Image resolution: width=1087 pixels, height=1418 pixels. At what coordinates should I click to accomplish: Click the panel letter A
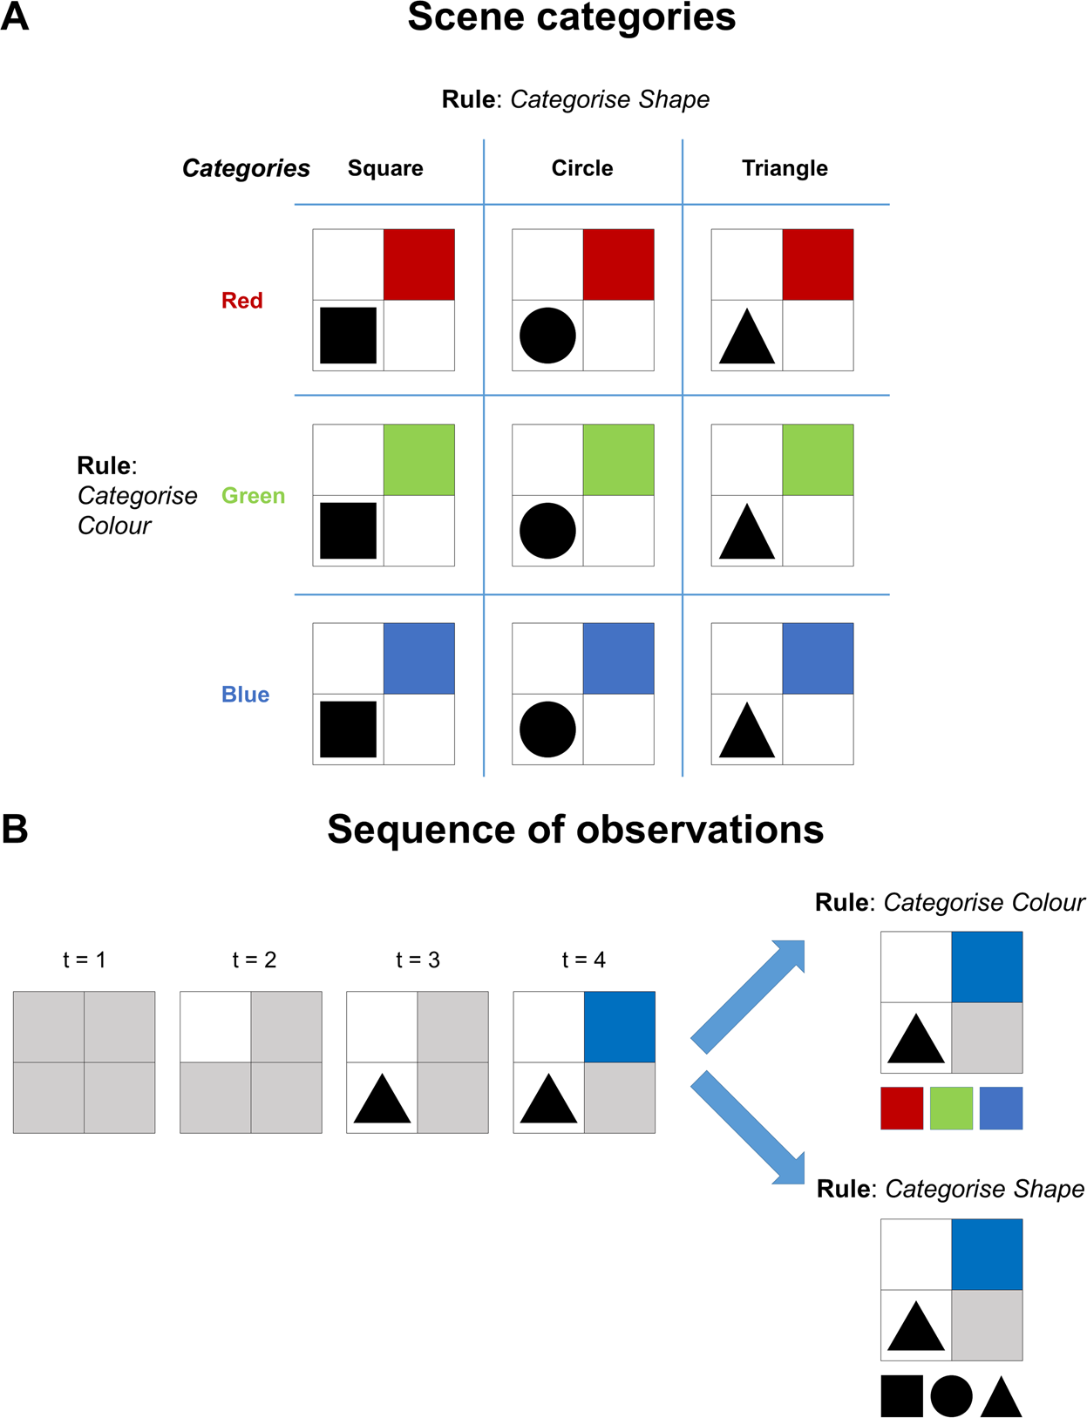pos(15,17)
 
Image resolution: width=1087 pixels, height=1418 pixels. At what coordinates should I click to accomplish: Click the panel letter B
pos(15,829)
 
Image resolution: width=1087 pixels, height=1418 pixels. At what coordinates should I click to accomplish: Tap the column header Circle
pos(581,168)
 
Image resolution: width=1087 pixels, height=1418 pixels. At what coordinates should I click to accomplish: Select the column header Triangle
pos(785,168)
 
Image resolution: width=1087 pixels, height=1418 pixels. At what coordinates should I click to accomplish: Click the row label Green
pos(253,496)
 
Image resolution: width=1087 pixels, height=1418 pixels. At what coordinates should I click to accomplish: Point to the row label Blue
pos(245,695)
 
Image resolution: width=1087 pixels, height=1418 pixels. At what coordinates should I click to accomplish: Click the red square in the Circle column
pos(618,265)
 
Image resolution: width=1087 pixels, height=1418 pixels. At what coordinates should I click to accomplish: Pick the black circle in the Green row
pos(547,531)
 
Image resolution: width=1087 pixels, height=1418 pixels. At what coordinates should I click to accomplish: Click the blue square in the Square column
pos(419,659)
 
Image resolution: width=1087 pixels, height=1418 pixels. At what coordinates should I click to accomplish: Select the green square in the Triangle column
pos(818,460)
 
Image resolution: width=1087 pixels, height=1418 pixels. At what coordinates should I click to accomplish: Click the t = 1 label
pos(84,960)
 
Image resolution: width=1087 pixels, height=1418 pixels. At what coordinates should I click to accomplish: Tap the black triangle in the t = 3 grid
pos(383,1100)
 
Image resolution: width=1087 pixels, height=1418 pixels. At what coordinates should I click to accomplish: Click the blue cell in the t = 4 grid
pos(619,1027)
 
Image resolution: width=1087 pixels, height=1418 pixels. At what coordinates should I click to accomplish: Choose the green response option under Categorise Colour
pos(951,1109)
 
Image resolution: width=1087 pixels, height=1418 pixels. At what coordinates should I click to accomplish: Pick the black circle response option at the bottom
pos(951,1396)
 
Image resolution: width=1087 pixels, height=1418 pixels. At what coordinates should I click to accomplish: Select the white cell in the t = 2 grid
pos(215,1027)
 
